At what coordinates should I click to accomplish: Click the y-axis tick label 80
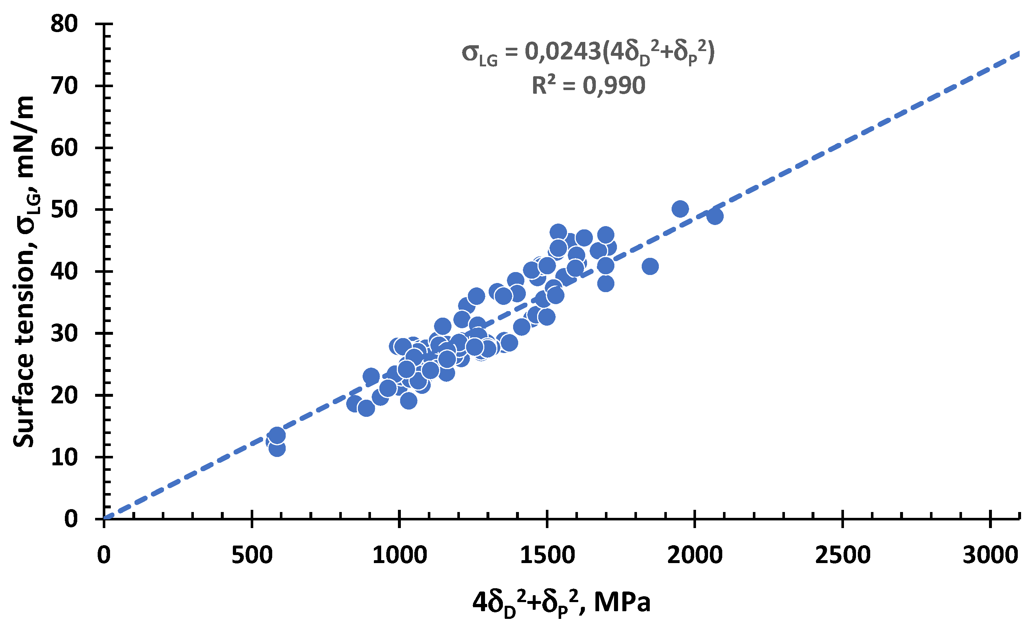click(x=64, y=24)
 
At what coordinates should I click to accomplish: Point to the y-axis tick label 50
click(x=64, y=210)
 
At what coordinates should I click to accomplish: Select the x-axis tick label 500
click(x=252, y=555)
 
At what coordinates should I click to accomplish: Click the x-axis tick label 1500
click(x=547, y=555)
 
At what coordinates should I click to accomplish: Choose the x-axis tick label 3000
click(x=990, y=555)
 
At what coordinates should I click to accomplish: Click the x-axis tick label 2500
click(x=843, y=555)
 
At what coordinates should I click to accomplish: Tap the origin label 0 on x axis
click(x=104, y=555)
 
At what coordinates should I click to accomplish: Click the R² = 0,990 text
click(x=588, y=85)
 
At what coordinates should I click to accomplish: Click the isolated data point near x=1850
click(x=650, y=266)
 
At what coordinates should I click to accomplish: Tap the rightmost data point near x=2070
click(x=715, y=216)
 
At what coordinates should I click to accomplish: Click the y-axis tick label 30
click(x=64, y=333)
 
